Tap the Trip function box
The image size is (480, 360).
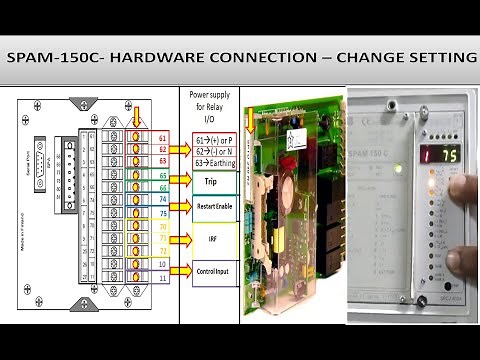(210, 182)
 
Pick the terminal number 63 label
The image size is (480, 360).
(162, 160)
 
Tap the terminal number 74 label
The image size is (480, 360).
(162, 199)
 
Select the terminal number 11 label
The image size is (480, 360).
(162, 277)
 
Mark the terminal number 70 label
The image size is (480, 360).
(162, 226)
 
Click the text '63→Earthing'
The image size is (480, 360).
(211, 160)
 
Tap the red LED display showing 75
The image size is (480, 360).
(439, 155)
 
